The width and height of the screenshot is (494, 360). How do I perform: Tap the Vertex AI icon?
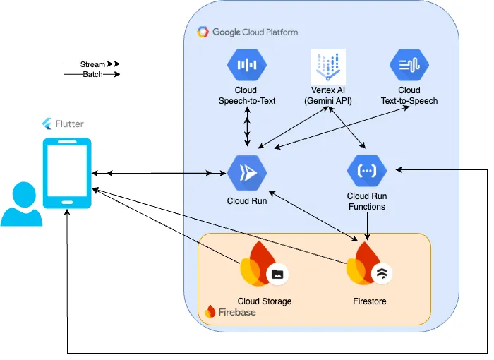click(x=327, y=67)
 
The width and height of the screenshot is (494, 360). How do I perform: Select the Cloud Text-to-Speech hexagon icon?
click(x=409, y=66)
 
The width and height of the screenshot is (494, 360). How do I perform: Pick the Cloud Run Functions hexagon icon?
click(x=367, y=171)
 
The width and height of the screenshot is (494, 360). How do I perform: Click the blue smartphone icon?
click(x=67, y=173)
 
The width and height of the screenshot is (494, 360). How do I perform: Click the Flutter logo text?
click(x=68, y=124)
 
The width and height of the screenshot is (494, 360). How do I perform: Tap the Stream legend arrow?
click(x=92, y=64)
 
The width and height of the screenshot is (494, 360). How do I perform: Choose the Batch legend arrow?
click(x=92, y=74)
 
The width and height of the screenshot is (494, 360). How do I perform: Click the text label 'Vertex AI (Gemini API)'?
click(x=327, y=95)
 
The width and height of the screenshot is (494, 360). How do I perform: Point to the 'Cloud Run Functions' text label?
click(x=367, y=201)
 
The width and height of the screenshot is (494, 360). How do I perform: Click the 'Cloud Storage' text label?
click(x=264, y=301)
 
